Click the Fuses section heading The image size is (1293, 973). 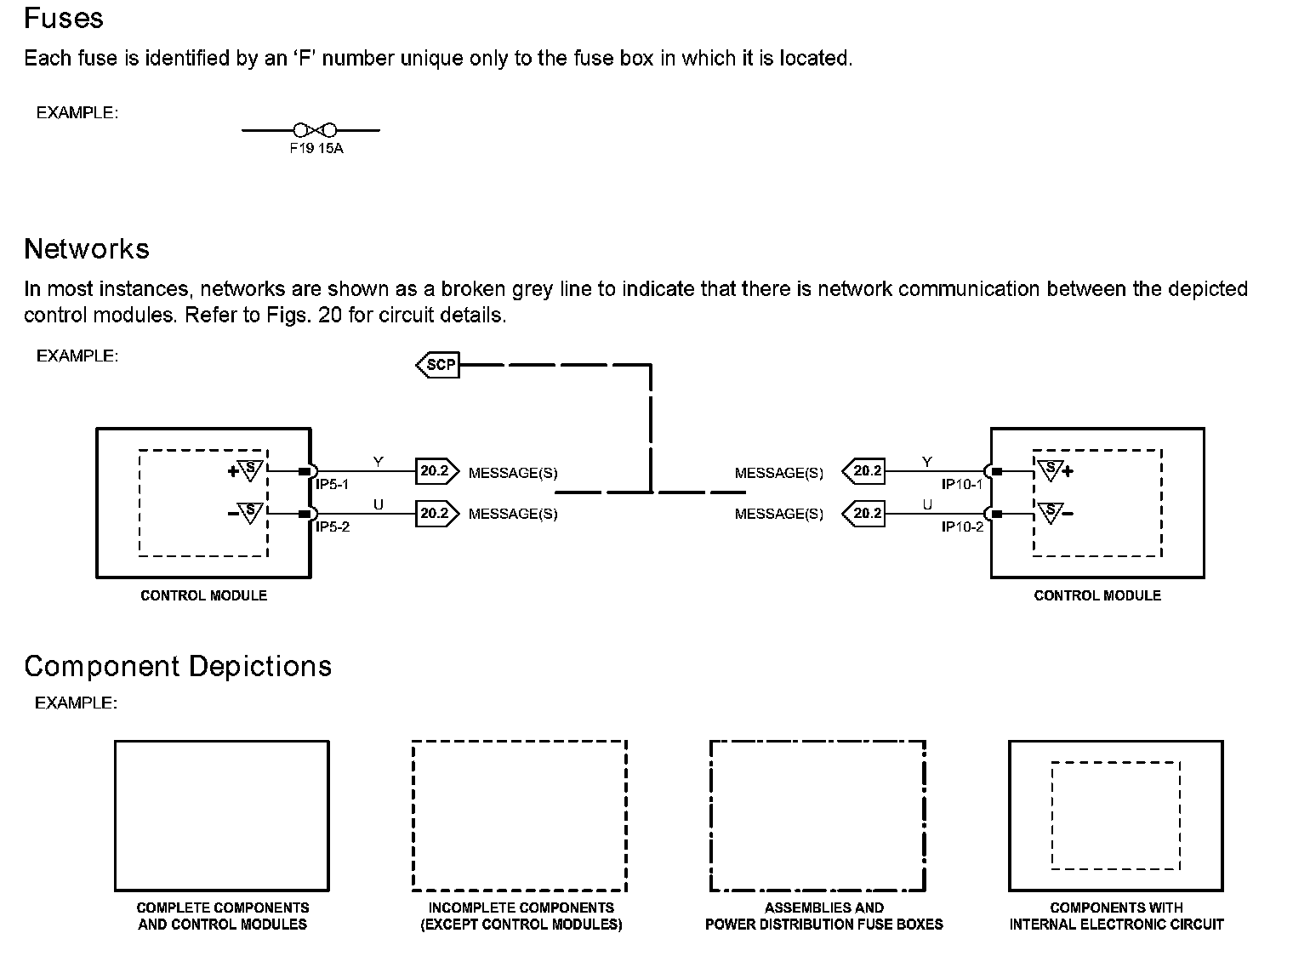coord(64,19)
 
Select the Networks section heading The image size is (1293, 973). coord(87,248)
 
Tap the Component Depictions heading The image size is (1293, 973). coord(178,666)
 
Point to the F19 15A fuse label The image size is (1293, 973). coord(316,149)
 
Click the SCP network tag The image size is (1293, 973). coord(439,366)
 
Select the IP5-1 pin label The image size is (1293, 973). coord(333,485)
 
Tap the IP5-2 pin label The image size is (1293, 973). coord(333,527)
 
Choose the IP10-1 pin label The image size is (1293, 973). coord(962,485)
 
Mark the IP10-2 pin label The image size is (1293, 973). coord(962,527)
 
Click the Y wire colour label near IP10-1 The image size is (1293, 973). coord(927,462)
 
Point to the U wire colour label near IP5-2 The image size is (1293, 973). coord(379,505)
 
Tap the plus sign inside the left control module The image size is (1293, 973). coord(231,471)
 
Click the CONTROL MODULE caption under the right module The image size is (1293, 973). coord(1097,595)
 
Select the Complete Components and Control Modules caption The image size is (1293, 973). coord(222,916)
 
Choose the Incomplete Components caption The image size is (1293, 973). coord(521,916)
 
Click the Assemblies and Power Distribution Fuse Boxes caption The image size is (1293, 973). coord(823,916)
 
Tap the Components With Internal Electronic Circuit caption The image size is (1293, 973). coord(1116,916)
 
